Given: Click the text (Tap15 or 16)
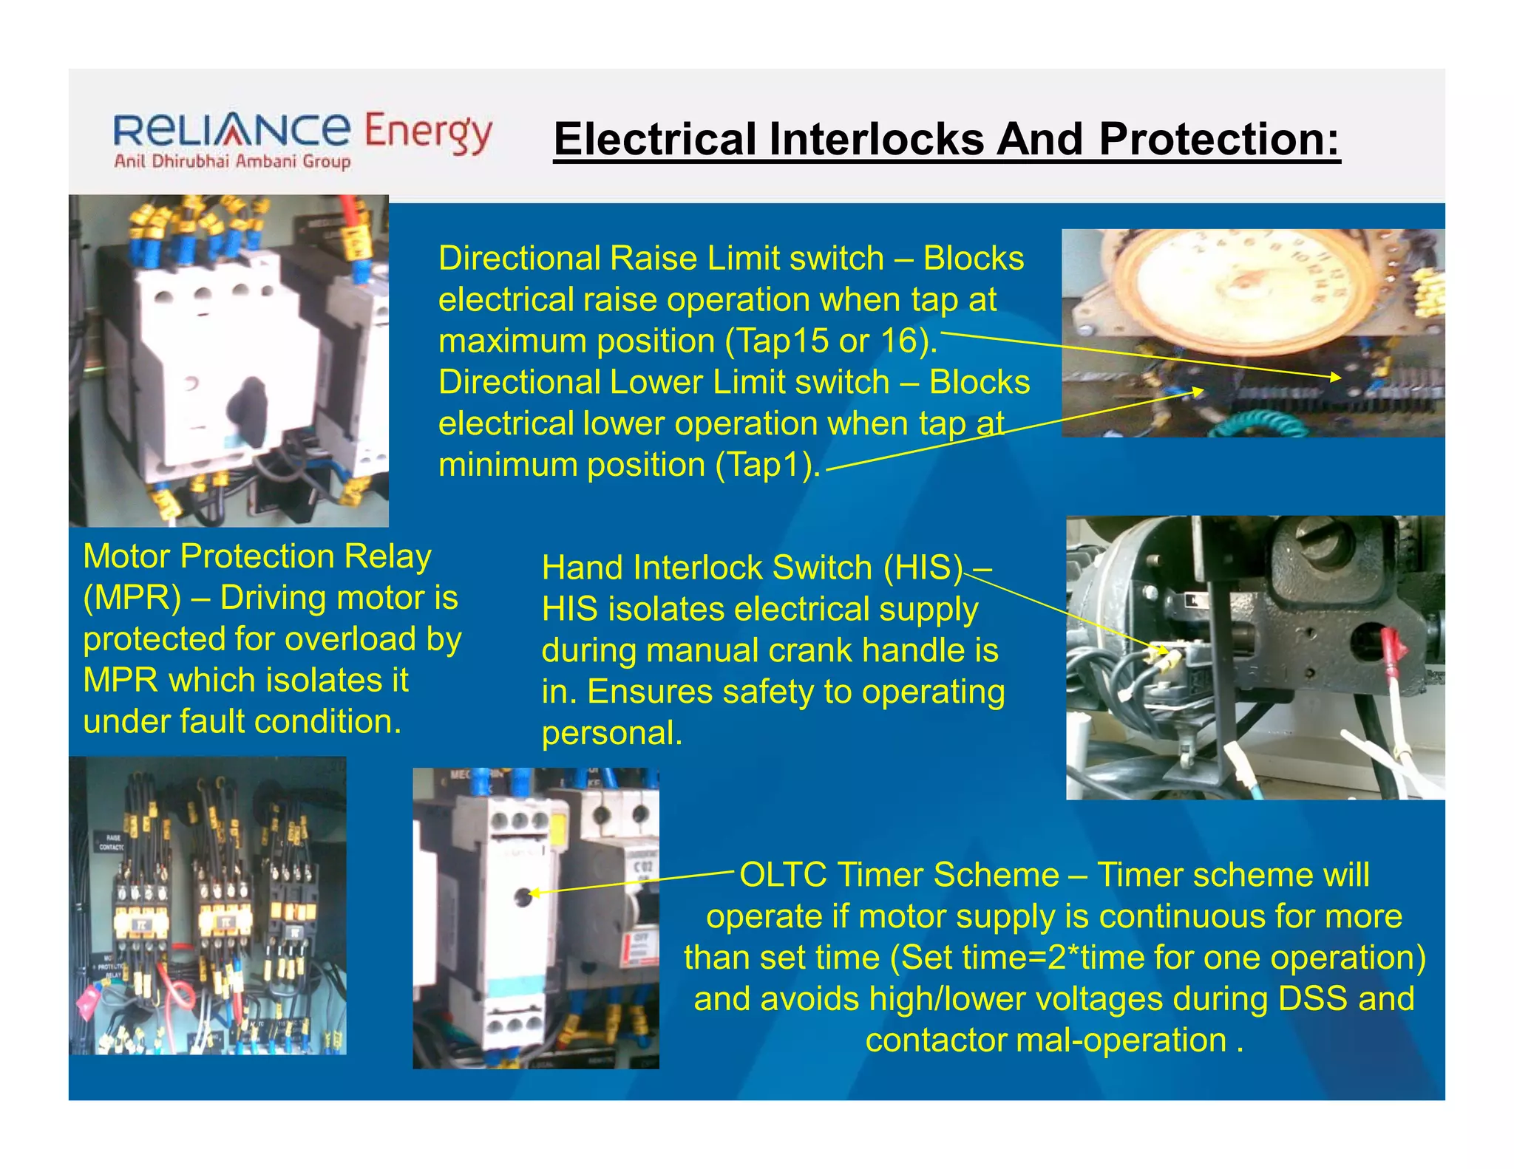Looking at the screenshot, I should [x=832, y=341].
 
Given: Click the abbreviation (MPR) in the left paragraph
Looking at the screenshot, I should [x=132, y=598].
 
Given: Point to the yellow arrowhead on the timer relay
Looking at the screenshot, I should [x=534, y=893].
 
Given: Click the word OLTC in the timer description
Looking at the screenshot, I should [x=783, y=876].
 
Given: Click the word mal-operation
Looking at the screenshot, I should [x=1119, y=1040].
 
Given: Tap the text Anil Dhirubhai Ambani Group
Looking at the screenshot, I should [x=232, y=162].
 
